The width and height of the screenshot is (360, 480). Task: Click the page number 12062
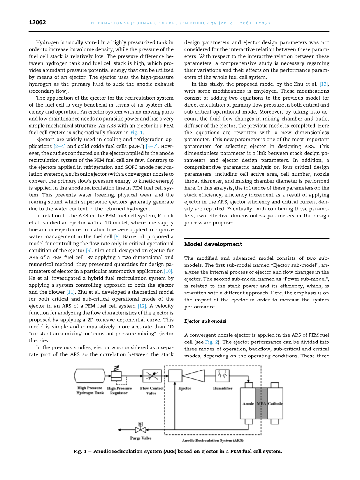(37, 23)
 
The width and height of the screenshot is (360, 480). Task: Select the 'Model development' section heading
(213, 244)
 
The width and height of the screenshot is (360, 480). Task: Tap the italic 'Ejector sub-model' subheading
(205, 321)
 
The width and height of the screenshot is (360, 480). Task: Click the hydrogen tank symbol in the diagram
(90, 376)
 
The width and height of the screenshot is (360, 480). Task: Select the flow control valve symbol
(152, 376)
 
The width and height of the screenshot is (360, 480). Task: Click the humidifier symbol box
(222, 376)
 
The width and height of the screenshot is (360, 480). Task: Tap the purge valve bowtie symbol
(140, 429)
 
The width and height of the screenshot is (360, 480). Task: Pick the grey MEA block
(261, 403)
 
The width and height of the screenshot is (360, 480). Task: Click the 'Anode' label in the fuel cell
(248, 404)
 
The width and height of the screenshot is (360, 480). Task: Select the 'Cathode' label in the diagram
(275, 404)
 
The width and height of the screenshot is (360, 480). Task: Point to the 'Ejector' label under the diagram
(184, 389)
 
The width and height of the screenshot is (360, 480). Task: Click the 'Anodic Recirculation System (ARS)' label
(212, 441)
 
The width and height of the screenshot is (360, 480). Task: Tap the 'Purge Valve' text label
(140, 438)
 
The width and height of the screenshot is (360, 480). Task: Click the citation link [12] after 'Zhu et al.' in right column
(324, 84)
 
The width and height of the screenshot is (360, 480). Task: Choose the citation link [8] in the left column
(117, 236)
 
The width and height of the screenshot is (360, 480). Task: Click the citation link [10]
(168, 272)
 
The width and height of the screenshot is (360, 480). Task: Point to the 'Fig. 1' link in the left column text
(136, 133)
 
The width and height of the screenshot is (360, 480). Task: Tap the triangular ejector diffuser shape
(193, 376)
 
